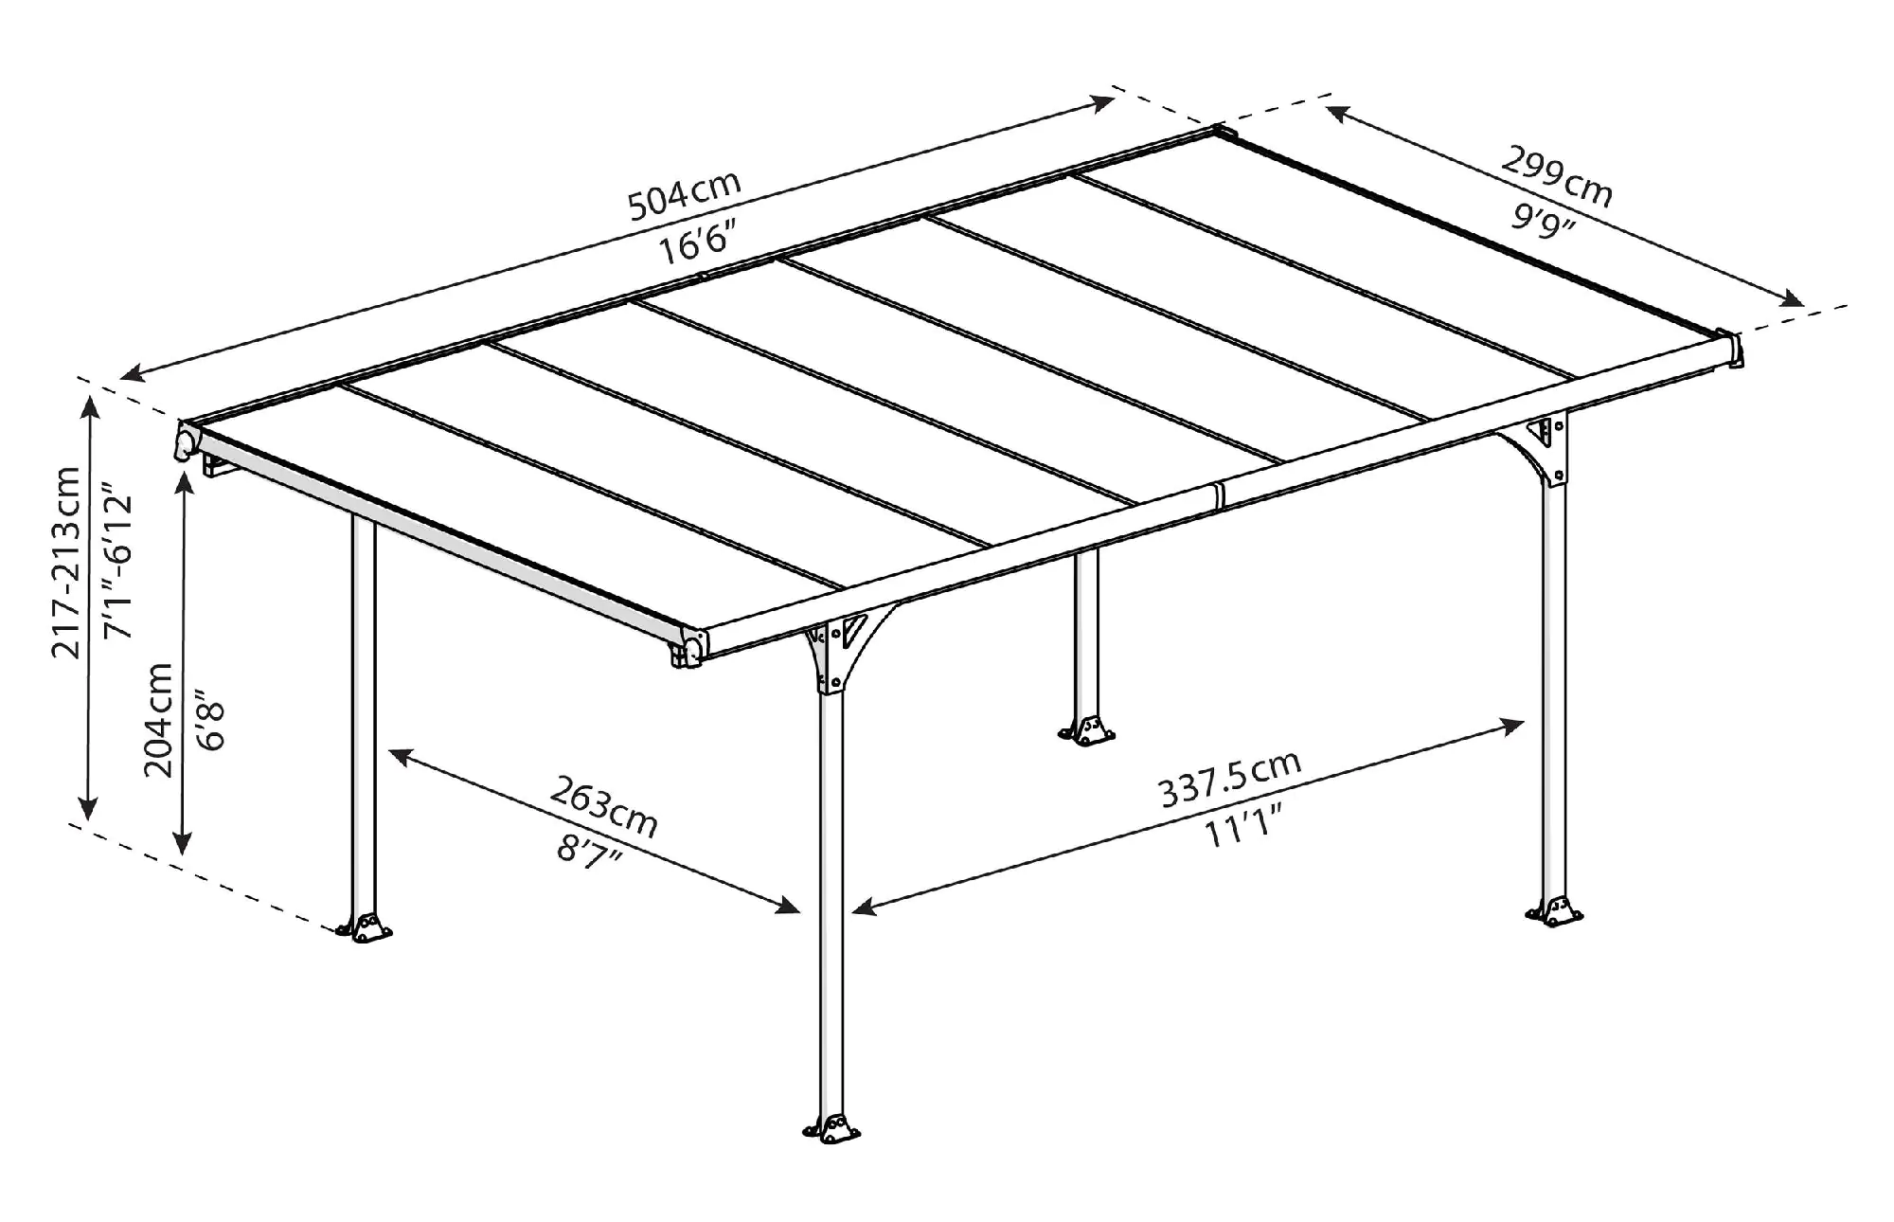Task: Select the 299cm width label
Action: coord(1557,176)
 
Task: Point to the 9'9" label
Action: coord(1543,223)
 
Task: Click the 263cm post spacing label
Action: coord(603,806)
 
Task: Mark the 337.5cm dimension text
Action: coord(1230,778)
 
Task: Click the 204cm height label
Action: coord(158,720)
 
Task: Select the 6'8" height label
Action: coord(210,726)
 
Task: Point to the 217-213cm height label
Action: coord(67,562)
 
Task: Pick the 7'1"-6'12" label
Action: coord(119,562)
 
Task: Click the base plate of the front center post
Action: coord(831,1129)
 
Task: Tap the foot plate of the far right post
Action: coord(1554,911)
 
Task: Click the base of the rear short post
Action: coord(1087,728)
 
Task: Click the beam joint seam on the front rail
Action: coord(1220,494)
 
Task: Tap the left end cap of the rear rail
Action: coord(187,441)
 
